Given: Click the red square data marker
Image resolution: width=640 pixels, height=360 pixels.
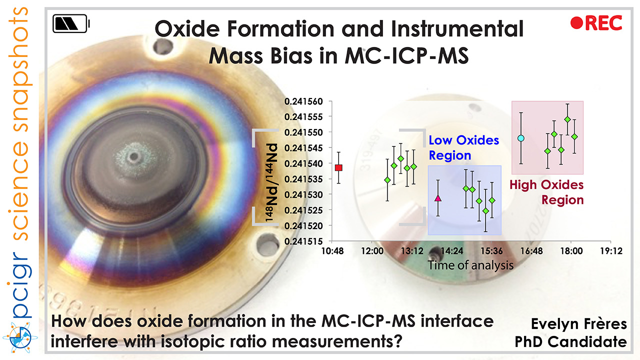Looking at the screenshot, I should click(x=338, y=167).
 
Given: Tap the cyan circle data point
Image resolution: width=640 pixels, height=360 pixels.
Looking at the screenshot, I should click(x=520, y=137).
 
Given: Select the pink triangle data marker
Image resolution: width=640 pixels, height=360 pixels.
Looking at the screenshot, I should click(x=438, y=198).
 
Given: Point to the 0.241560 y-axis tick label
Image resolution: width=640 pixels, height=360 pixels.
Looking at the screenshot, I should click(x=304, y=101).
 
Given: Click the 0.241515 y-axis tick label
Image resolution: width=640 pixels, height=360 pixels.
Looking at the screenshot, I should click(x=304, y=241).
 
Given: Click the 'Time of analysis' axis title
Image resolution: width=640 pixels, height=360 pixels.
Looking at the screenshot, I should click(x=470, y=265).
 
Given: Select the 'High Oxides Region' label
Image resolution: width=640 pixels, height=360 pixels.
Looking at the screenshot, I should click(x=546, y=192).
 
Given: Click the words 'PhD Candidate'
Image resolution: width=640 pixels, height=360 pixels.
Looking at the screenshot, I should click(x=571, y=342).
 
